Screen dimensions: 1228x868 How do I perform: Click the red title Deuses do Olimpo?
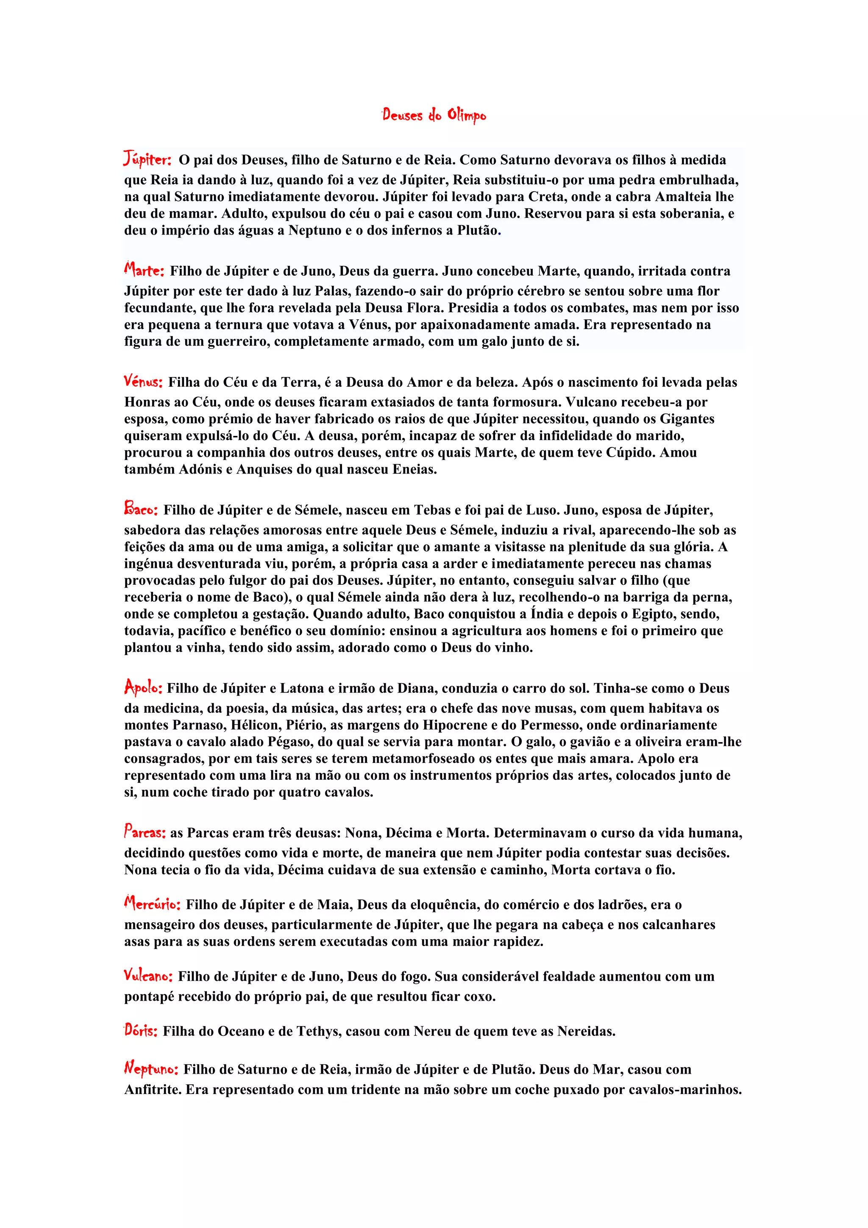point(434,115)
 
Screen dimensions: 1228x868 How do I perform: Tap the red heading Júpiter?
point(147,159)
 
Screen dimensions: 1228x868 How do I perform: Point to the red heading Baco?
point(141,509)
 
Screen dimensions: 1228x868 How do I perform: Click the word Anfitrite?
point(153,1089)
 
